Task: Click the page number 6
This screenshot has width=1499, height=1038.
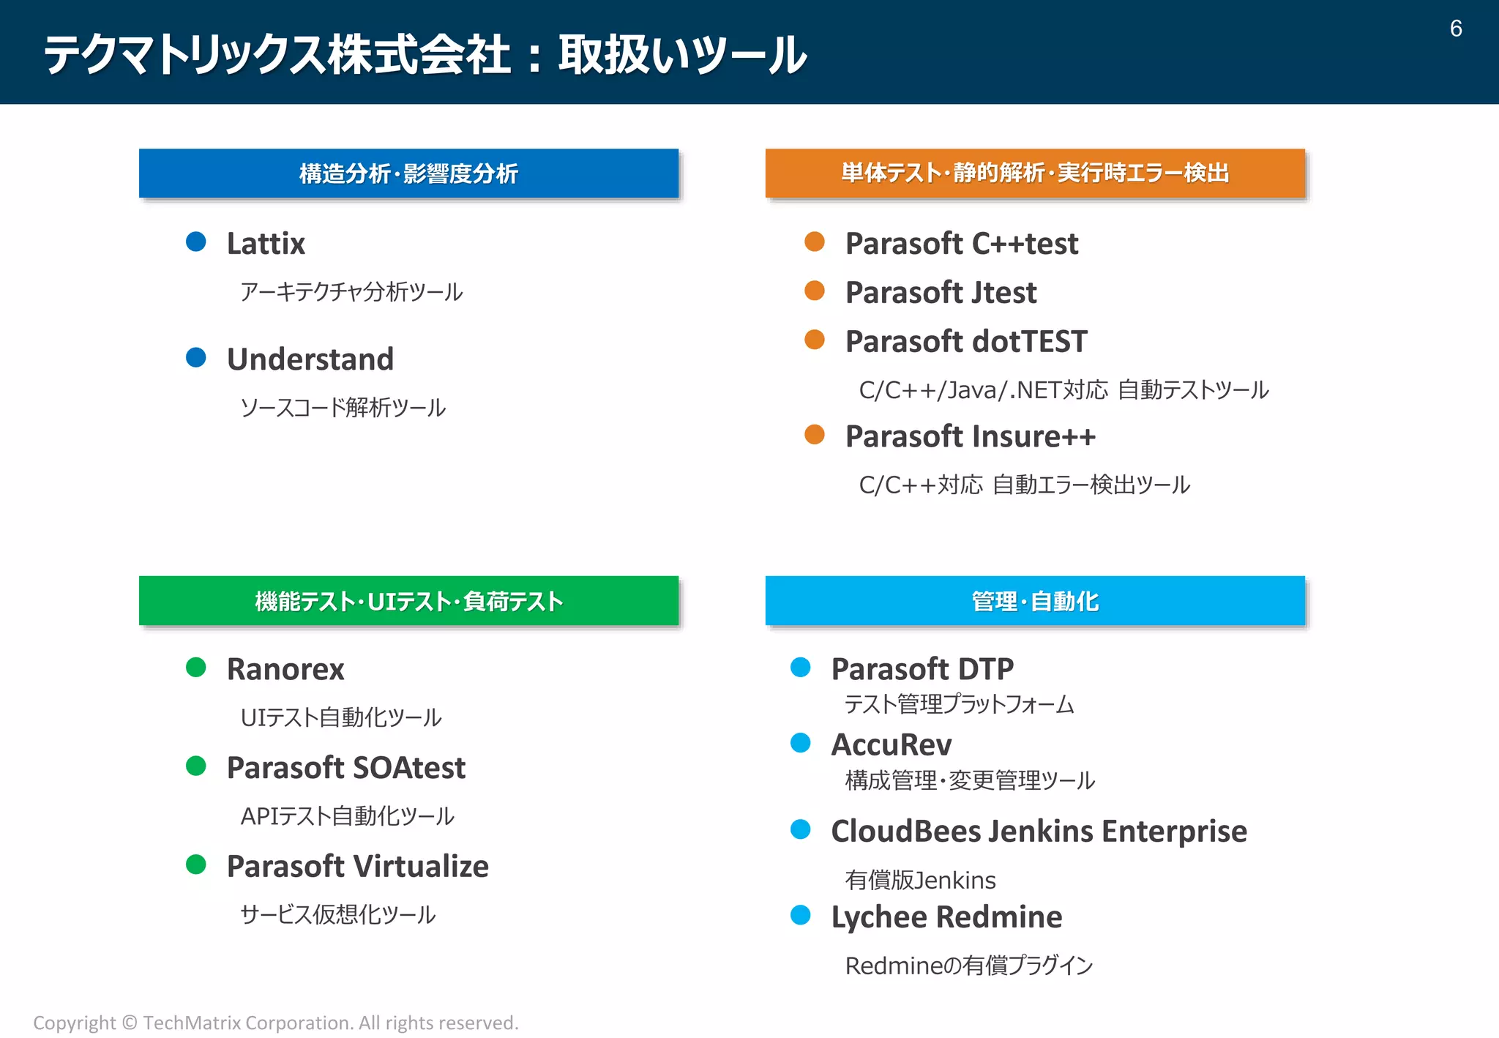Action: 1455,29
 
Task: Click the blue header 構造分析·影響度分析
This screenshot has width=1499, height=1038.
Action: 408,173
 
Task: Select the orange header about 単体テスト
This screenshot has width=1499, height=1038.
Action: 1034,173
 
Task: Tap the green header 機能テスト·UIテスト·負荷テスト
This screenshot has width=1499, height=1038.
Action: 408,601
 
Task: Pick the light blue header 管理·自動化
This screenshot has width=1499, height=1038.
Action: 1034,601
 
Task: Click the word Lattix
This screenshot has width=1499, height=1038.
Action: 266,244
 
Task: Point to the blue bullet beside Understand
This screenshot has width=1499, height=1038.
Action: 196,357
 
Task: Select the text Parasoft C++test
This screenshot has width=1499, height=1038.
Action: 961,244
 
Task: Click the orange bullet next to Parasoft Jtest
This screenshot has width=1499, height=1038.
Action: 815,291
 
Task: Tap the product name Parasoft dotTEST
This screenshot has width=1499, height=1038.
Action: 965,342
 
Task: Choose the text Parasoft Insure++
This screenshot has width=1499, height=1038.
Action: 970,436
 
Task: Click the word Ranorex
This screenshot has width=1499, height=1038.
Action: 285,669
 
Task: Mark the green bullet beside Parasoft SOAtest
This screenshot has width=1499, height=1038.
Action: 196,766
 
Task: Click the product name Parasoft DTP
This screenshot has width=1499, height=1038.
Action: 922,669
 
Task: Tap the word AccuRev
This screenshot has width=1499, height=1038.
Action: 891,745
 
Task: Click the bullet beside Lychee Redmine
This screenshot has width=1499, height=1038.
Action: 801,915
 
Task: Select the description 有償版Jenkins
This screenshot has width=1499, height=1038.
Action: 920,880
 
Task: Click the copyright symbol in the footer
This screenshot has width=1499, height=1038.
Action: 130,1023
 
